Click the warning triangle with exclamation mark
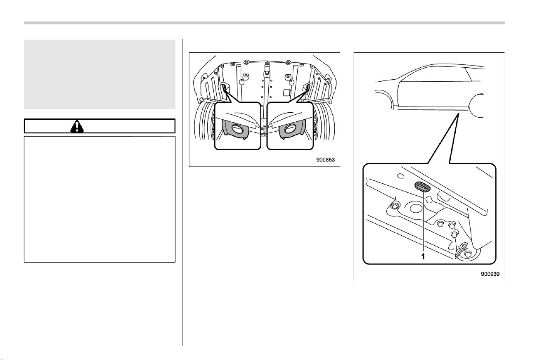[77, 126]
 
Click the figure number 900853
[325, 160]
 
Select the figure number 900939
[490, 274]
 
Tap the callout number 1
[423, 256]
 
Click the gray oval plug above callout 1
[423, 187]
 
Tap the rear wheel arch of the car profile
[476, 106]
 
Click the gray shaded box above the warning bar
[99, 74]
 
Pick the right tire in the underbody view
[324, 122]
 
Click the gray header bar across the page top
[264, 23]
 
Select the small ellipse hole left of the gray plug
[401, 176]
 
